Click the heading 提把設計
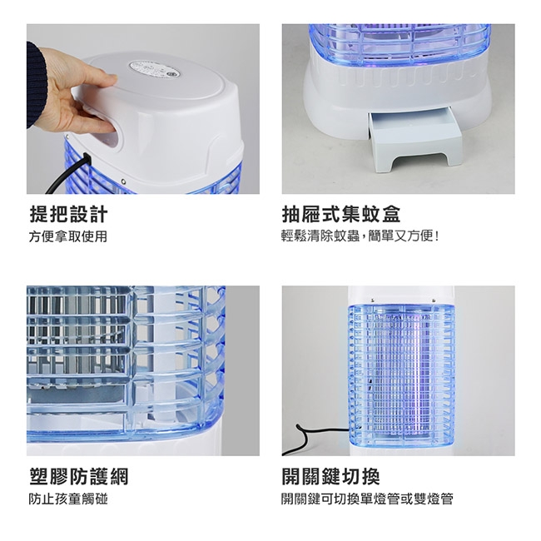click(x=68, y=214)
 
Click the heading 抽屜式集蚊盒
click(x=341, y=214)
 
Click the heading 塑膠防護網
click(x=79, y=476)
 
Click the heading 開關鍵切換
click(x=331, y=476)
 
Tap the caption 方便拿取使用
click(x=68, y=236)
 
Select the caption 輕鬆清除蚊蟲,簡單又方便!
click(x=360, y=236)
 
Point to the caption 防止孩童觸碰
click(x=68, y=499)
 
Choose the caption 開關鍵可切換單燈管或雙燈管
click(x=367, y=499)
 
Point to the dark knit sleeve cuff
click(x=36, y=85)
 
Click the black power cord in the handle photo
click(x=67, y=174)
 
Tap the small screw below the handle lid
click(x=123, y=181)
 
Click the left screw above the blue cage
click(x=372, y=300)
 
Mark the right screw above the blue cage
click(x=434, y=300)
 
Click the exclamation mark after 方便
click(x=437, y=236)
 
